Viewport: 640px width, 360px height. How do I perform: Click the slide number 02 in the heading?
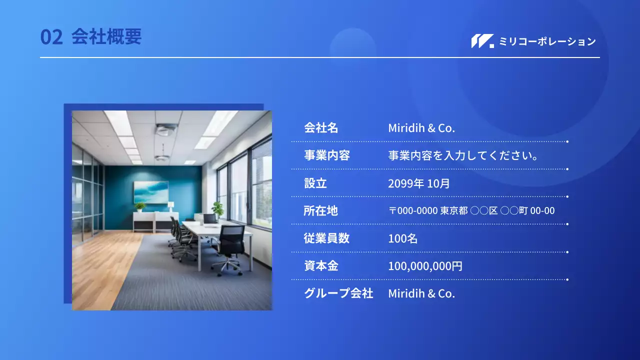51,37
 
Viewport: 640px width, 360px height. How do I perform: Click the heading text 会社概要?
106,37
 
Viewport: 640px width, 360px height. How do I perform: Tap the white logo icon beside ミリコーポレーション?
482,41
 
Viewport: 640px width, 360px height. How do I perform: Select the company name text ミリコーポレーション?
547,41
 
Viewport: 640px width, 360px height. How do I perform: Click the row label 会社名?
321,128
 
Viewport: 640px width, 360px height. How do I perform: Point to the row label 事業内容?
326,155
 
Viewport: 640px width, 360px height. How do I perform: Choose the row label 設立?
315,183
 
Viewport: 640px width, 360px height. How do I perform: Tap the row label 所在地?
320,211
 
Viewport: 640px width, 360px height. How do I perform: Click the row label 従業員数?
326,238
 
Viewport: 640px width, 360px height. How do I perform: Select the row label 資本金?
321,266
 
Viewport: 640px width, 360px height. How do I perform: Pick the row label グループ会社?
338,293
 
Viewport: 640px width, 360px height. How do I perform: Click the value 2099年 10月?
419,183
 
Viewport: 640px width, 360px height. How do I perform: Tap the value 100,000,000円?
425,266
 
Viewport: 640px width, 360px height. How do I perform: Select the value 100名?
402,238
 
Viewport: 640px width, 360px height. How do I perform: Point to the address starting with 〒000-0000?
471,211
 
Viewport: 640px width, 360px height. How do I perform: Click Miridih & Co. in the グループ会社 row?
421,293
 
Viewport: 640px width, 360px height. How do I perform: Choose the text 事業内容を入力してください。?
463,155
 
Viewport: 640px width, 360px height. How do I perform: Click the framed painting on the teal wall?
150,192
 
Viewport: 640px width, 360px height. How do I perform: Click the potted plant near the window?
218,209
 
